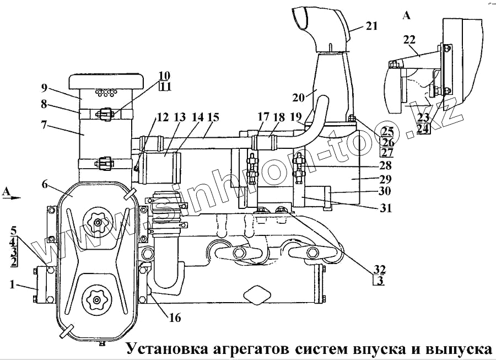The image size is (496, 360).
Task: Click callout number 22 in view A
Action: pyautogui.click(x=409, y=40)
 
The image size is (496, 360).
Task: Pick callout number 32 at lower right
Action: pyautogui.click(x=379, y=269)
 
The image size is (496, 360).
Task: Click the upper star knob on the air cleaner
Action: pyautogui.click(x=98, y=222)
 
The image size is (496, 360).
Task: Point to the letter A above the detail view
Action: pyautogui.click(x=407, y=15)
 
